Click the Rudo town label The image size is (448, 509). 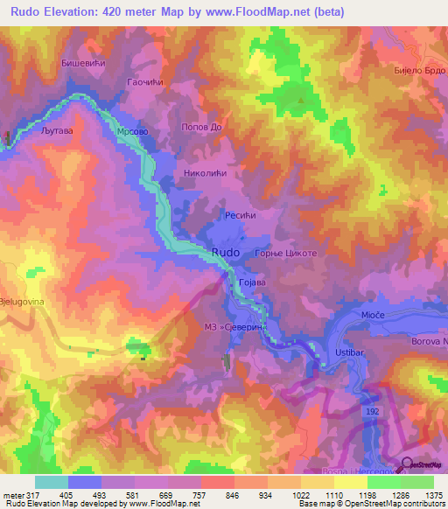coord(225,252)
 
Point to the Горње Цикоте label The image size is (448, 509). coord(286,253)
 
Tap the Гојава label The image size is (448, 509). coord(251,282)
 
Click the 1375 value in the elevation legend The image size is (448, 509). coord(432,495)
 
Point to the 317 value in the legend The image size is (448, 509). coord(33,495)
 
